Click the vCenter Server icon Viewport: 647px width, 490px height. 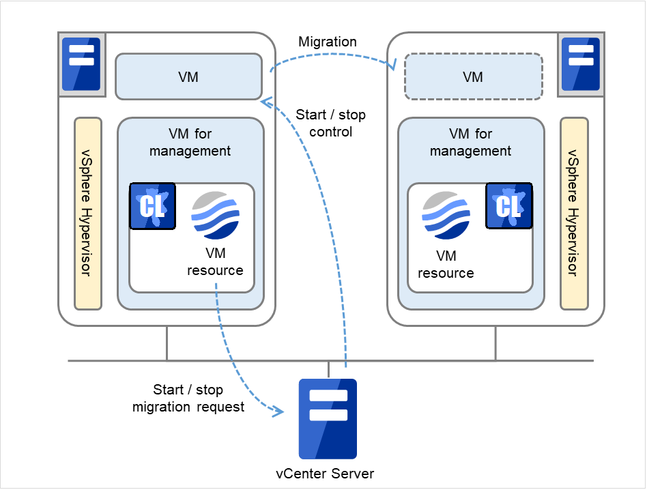coord(328,418)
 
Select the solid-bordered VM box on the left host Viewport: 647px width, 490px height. coord(188,76)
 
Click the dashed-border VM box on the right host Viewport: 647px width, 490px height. coord(473,76)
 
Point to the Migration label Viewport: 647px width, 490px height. coord(328,42)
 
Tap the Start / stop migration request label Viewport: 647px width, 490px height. coord(188,399)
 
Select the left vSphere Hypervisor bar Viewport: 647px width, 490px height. coord(88,213)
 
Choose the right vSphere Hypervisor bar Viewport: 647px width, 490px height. coord(574,213)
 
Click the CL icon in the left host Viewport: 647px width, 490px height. coord(152,206)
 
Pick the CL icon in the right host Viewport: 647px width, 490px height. coord(508,206)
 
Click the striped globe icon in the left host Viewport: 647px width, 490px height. coord(216,216)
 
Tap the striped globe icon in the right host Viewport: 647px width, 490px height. coord(446,216)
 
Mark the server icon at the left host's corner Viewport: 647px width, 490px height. coord(81,64)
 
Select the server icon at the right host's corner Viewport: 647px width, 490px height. coord(581,64)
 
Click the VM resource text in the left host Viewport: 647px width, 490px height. coord(216,263)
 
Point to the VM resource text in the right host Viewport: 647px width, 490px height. coord(446,265)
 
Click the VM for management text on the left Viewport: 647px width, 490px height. coord(190,142)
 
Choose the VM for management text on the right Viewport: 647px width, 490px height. coord(470,142)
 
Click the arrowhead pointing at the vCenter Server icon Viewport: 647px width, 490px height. coord(279,412)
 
